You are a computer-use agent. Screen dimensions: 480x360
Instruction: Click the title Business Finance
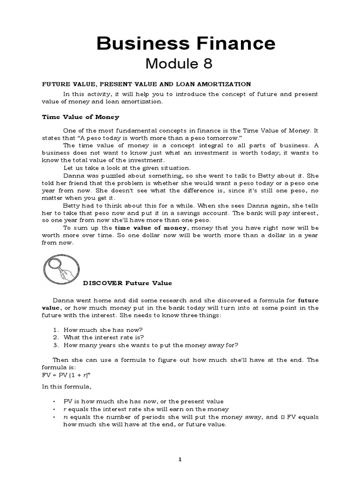coord(186,43)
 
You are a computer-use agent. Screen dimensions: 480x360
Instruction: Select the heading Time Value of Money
coord(81,117)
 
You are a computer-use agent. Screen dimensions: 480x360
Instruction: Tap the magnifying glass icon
coord(61,272)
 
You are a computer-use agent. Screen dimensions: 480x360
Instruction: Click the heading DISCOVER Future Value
coord(127,283)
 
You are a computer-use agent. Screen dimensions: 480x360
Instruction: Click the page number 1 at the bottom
coord(180,459)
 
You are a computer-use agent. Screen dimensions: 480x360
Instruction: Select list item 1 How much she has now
coord(96,329)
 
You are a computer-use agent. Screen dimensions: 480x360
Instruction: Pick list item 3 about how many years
coord(145,345)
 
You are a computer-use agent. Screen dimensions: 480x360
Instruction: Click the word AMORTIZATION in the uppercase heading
coord(224,84)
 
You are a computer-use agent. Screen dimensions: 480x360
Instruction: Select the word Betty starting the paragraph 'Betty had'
coord(71,205)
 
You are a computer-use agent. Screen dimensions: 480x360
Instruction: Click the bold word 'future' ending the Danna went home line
coord(308,300)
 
